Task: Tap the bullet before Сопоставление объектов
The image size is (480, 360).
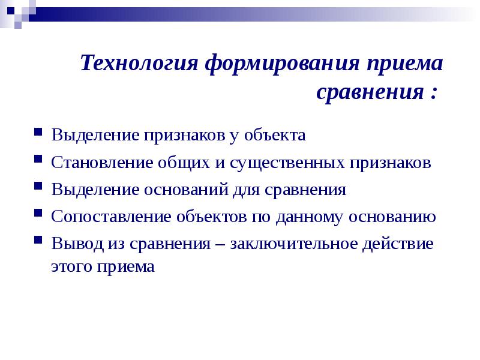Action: pyautogui.click(x=38, y=214)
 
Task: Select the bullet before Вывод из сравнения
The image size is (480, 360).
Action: pyautogui.click(x=38, y=241)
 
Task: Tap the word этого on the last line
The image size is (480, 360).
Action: pyautogui.click(x=70, y=266)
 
